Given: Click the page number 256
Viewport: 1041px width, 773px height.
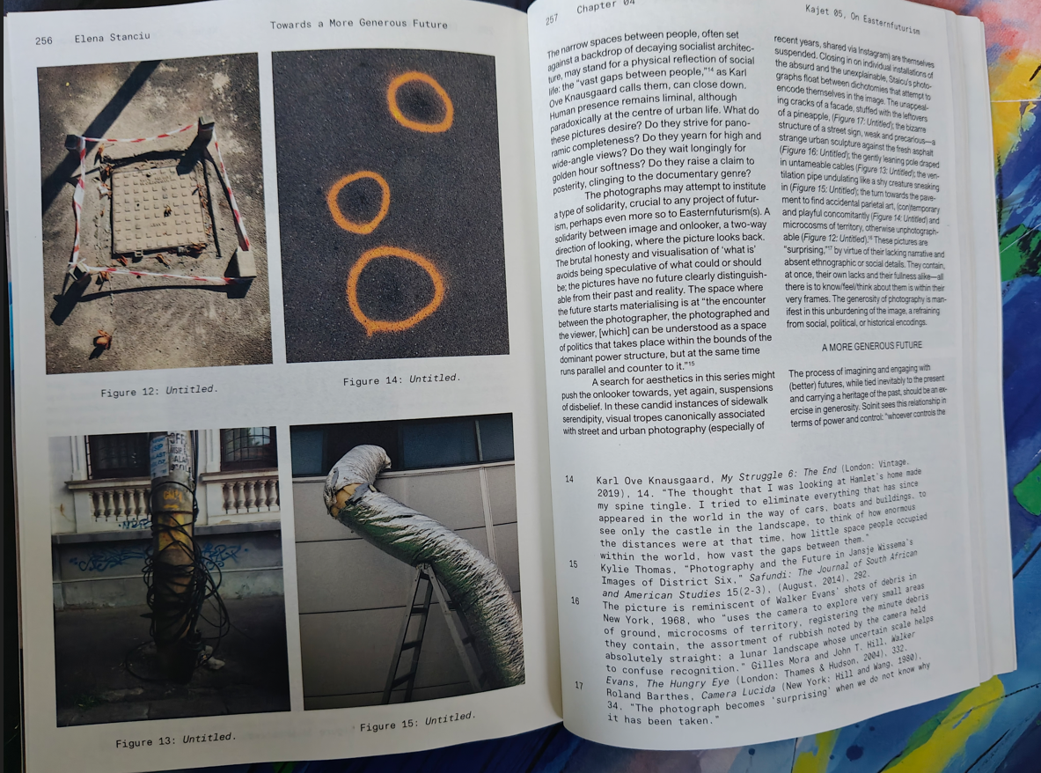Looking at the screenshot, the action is point(44,40).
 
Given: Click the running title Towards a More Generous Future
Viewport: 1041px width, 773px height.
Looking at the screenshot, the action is point(358,24).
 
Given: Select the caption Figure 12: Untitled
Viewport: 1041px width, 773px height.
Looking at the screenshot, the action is point(158,391).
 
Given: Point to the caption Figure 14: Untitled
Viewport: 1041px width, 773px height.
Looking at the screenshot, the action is point(401,379).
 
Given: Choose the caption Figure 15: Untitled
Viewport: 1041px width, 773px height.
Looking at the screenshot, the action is point(418,722).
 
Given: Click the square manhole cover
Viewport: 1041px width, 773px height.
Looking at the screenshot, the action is point(158,210).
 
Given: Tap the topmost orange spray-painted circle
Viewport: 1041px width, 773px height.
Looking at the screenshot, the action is point(420,101).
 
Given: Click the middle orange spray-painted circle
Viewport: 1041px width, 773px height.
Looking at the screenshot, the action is point(358,202).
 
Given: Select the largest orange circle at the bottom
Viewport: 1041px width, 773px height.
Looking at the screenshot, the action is point(396,291).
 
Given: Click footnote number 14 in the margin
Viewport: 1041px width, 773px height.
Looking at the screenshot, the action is point(569,479).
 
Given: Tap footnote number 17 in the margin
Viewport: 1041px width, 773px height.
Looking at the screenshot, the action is point(579,685).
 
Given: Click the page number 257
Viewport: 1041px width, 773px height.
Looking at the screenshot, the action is point(552,20).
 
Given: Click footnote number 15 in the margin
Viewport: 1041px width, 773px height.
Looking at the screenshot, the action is point(573,564).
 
